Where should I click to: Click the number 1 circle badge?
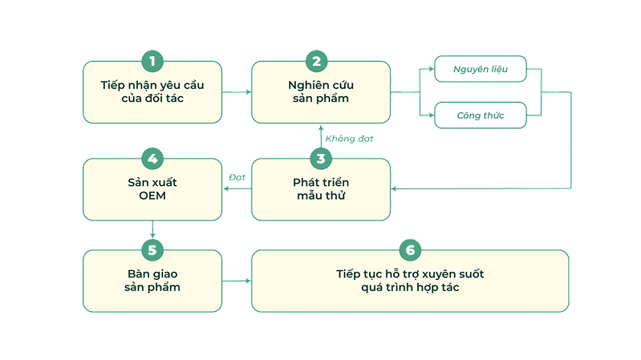(x=152, y=61)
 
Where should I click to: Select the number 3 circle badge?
(x=321, y=159)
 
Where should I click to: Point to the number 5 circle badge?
(x=152, y=249)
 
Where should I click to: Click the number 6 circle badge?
(x=410, y=249)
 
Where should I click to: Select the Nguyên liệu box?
(x=480, y=69)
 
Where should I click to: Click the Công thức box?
(x=480, y=115)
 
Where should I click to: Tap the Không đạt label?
(x=349, y=139)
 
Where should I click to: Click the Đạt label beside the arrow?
(x=237, y=176)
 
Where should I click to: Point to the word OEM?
(x=152, y=195)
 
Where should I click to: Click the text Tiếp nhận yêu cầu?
(x=152, y=84)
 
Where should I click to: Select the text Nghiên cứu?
(x=321, y=84)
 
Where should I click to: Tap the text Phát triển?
(x=321, y=182)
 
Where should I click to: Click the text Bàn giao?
(x=152, y=273)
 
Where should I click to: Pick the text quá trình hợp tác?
(x=410, y=287)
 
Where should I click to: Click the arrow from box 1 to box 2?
(x=237, y=92)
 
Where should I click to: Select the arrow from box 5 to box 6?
(x=237, y=281)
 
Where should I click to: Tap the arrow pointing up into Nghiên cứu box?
(x=321, y=131)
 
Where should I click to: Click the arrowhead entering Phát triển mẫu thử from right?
(x=396, y=189)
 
